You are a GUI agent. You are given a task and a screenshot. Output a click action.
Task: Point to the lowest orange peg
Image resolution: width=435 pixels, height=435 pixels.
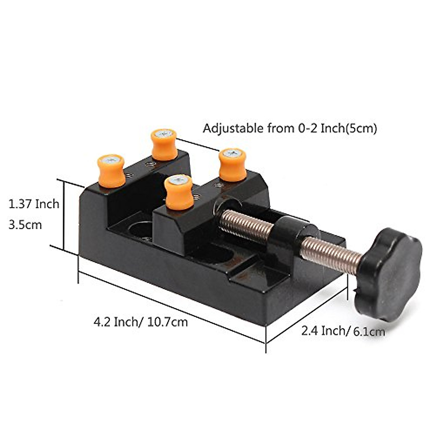point(179,192)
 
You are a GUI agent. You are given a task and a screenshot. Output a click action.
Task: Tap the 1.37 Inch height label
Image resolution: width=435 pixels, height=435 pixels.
point(34,204)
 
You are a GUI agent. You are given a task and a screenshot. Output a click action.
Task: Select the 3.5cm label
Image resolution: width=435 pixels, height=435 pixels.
point(25,225)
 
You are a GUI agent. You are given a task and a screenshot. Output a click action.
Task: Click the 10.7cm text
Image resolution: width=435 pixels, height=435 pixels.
point(167,322)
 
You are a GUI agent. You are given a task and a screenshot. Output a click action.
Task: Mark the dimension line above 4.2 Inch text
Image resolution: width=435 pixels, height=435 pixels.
point(170,303)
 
